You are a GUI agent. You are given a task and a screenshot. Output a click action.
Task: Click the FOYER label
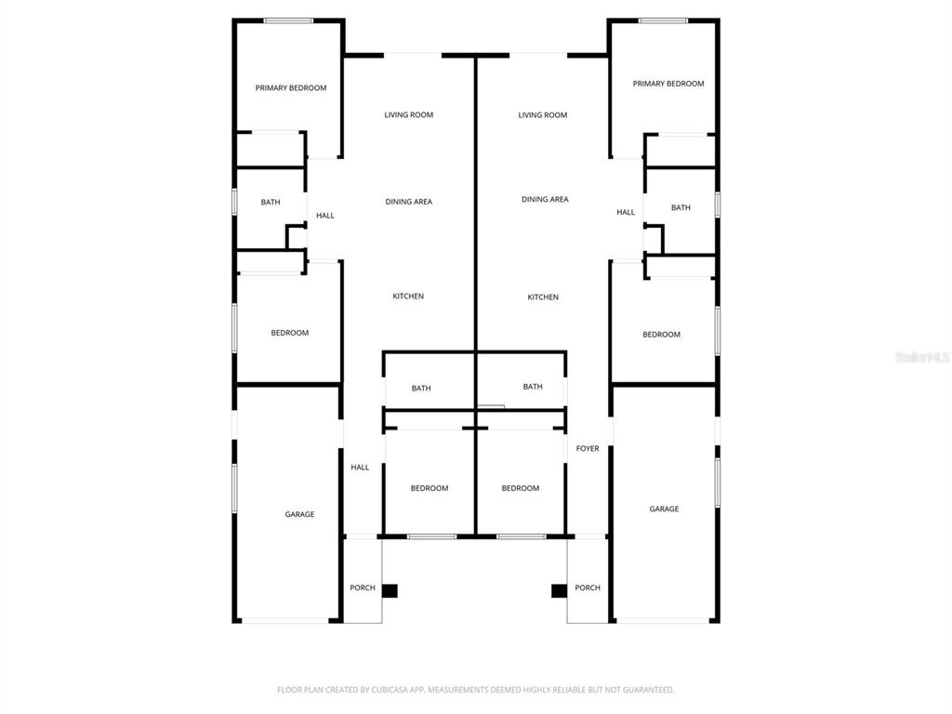[x=588, y=449]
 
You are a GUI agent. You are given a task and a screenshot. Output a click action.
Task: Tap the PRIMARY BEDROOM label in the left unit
[x=291, y=88]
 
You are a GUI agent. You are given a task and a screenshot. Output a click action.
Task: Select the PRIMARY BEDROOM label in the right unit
[x=668, y=84]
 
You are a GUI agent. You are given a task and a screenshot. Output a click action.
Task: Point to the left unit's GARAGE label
[x=299, y=514]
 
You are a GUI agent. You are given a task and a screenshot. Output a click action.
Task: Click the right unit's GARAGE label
[x=664, y=509]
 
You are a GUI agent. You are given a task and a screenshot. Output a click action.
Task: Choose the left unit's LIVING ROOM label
[x=409, y=115]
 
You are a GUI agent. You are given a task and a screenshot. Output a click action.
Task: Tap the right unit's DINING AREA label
[x=545, y=200]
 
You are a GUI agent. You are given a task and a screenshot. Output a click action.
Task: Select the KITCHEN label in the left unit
[x=408, y=297]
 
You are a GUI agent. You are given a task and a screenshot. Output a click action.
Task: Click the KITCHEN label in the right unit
[x=543, y=297]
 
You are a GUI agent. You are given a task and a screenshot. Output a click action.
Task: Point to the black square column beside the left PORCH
[x=390, y=590]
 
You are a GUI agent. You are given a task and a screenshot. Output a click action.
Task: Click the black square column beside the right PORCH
[x=559, y=590]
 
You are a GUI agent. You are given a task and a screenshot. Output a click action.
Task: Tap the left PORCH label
[x=363, y=588]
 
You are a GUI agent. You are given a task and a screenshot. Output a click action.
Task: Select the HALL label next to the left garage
[x=360, y=468]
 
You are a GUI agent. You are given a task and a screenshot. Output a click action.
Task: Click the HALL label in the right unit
[x=626, y=213]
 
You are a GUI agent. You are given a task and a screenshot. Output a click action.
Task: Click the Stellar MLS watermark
[x=922, y=357]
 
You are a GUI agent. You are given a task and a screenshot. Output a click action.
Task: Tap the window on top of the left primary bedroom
[x=288, y=20]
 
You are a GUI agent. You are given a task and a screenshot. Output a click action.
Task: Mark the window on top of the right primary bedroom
[x=663, y=20]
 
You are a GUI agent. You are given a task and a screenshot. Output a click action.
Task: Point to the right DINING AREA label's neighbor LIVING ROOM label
[x=543, y=115]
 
